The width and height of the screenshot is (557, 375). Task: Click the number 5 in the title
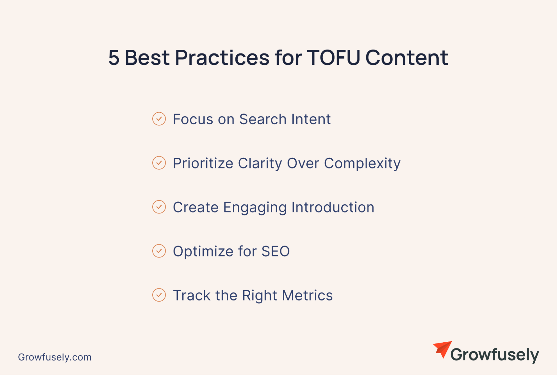[114, 58]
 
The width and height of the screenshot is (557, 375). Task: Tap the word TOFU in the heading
[334, 58]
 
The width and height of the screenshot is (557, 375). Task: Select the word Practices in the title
[222, 58]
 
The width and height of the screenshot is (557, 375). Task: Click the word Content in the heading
[407, 58]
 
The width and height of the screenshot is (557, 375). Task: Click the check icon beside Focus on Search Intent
[159, 119]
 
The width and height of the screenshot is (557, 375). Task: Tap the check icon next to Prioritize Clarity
[159, 163]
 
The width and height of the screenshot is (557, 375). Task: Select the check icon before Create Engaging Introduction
[159, 207]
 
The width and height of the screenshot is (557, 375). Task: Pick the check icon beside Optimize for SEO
[159, 251]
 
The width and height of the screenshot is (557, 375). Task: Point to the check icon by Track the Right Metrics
[159, 295]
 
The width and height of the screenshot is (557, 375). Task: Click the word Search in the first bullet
[263, 119]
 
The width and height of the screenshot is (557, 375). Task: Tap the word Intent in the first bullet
[311, 119]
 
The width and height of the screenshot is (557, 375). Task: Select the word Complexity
[362, 164]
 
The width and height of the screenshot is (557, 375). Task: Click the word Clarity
[260, 164]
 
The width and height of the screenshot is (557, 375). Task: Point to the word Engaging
[255, 208]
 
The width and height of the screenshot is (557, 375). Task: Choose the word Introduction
[333, 207]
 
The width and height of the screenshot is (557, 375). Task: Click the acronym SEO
[276, 251]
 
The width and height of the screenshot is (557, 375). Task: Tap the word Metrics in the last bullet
[307, 295]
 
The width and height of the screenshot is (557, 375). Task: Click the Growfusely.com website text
[55, 357]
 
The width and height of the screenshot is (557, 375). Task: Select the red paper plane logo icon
[442, 349]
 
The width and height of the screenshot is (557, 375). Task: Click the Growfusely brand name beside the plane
[495, 355]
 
